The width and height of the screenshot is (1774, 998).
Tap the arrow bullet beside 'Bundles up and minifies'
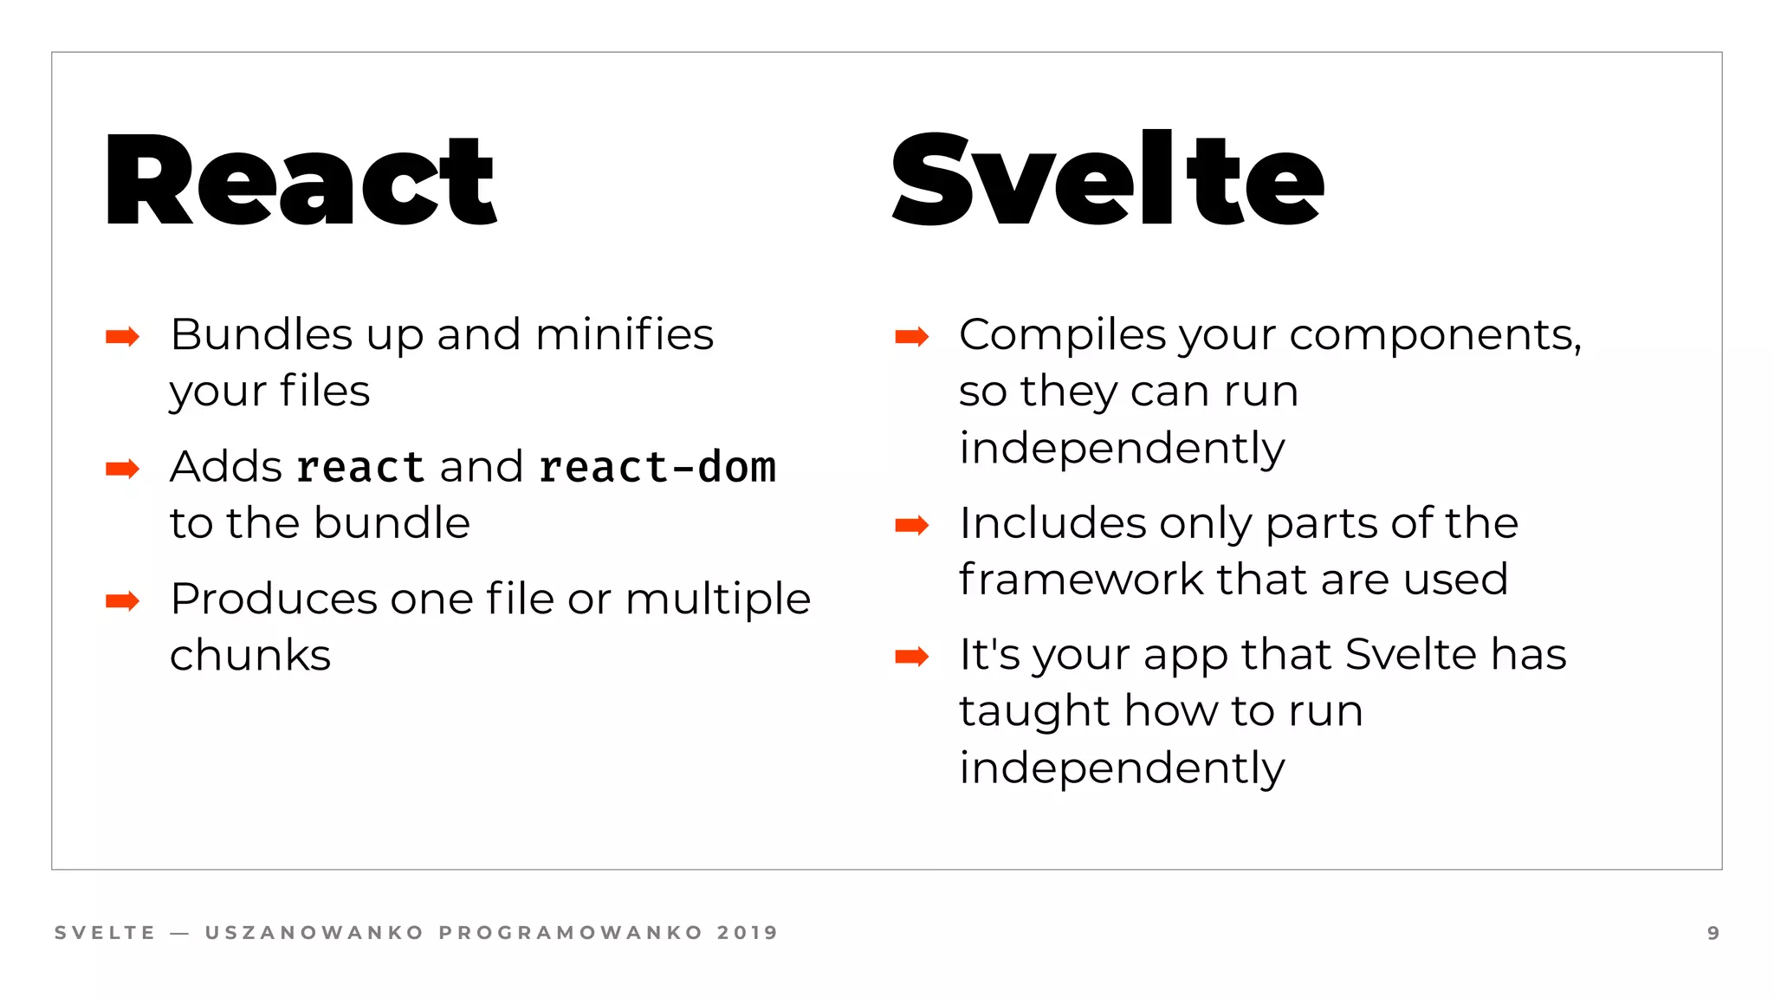tap(122, 336)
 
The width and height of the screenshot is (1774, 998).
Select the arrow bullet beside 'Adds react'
tap(122, 469)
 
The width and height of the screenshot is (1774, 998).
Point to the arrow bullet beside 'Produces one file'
tap(122, 600)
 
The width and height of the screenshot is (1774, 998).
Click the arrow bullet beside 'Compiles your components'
tap(911, 336)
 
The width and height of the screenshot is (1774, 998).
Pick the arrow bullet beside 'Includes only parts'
tap(911, 525)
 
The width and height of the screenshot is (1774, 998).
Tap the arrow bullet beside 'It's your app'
tap(911, 657)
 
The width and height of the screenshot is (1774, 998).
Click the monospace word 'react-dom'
tap(657, 468)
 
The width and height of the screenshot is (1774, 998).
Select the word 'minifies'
tap(625, 334)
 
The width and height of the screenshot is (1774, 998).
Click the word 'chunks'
tap(250, 655)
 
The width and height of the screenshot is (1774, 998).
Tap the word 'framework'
tap(1080, 579)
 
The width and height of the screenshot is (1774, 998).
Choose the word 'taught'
tap(1034, 712)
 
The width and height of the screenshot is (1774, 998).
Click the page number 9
tap(1713, 933)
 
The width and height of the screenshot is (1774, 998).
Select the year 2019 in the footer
tap(748, 933)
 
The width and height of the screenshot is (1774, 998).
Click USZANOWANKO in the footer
tap(314, 933)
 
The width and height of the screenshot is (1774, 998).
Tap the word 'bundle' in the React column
tap(392, 523)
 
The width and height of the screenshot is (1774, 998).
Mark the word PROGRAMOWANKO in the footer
tap(571, 933)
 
